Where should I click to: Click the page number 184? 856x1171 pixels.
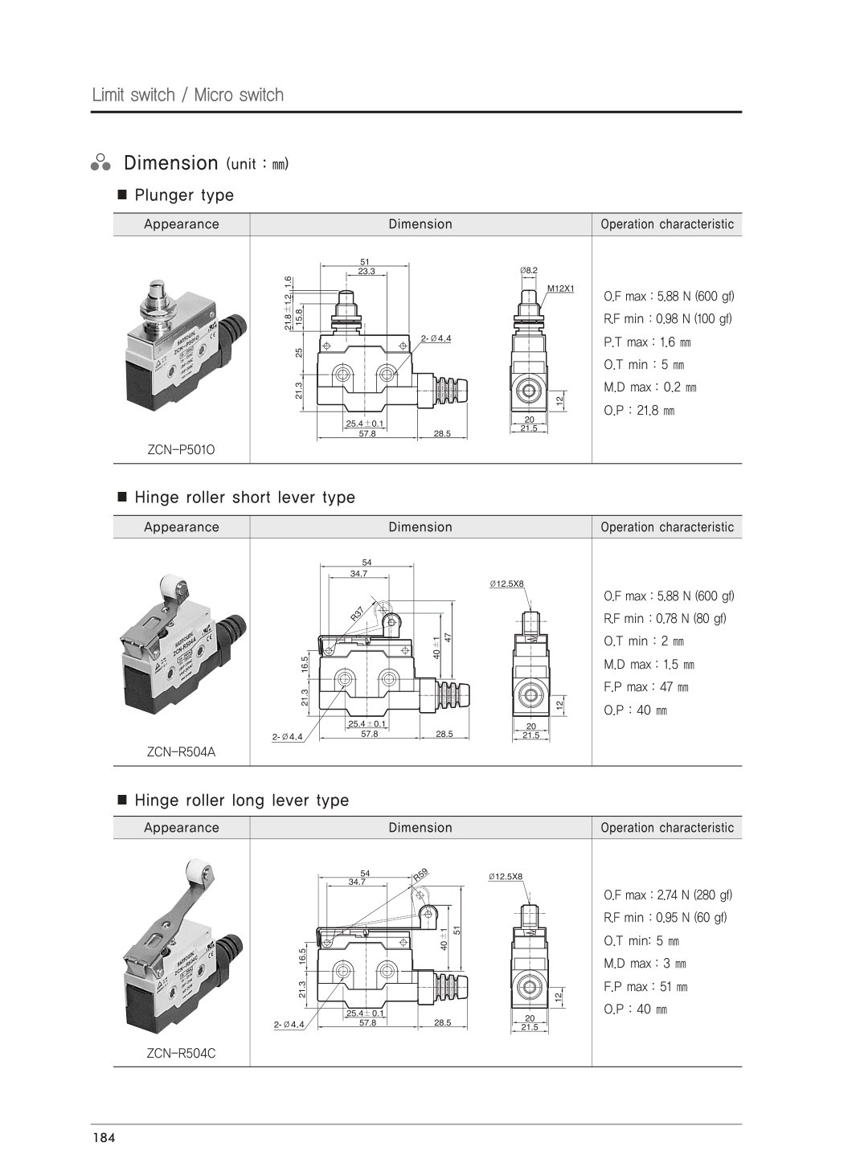pyautogui.click(x=104, y=1137)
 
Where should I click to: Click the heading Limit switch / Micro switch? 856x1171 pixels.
pyautogui.click(x=187, y=95)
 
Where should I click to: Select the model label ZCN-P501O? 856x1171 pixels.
pyautogui.click(x=181, y=450)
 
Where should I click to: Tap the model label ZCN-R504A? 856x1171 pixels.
pyautogui.click(x=181, y=752)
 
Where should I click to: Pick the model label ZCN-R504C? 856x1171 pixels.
pyautogui.click(x=181, y=1053)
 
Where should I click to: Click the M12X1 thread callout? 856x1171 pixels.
pyautogui.click(x=560, y=288)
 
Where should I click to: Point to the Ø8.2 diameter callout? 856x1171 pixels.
pyautogui.click(x=528, y=270)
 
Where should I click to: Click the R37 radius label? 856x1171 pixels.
pyautogui.click(x=358, y=614)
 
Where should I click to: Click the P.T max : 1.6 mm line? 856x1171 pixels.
pyautogui.click(x=647, y=342)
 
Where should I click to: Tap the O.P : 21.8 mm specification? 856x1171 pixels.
pyautogui.click(x=639, y=411)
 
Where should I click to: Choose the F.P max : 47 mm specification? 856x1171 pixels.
pyautogui.click(x=645, y=687)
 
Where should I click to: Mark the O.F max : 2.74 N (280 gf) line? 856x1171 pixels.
pyautogui.click(x=668, y=895)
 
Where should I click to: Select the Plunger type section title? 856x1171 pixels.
pyautogui.click(x=184, y=195)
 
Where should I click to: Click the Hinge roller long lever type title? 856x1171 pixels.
pyautogui.click(x=241, y=800)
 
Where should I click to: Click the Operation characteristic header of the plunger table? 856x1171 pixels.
pyautogui.click(x=667, y=224)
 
